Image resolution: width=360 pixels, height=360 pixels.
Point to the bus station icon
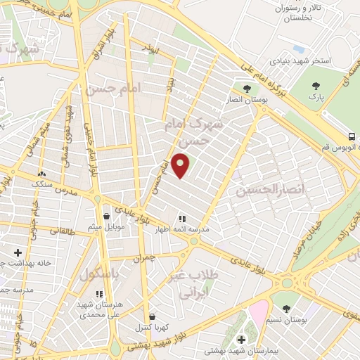coord(351,136)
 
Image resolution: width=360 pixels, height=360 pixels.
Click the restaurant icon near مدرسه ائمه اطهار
coord(181,219)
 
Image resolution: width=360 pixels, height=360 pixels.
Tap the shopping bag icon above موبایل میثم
coord(105,216)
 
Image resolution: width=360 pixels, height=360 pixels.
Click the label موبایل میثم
coord(105,227)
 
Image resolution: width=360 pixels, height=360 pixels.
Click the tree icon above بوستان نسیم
coord(285,308)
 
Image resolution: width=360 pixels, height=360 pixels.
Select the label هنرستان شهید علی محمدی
coord(98,309)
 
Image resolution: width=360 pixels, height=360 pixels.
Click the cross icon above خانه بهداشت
coord(18,252)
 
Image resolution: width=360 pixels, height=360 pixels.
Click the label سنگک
coord(42,184)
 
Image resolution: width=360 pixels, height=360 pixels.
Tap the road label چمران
coord(143,257)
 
